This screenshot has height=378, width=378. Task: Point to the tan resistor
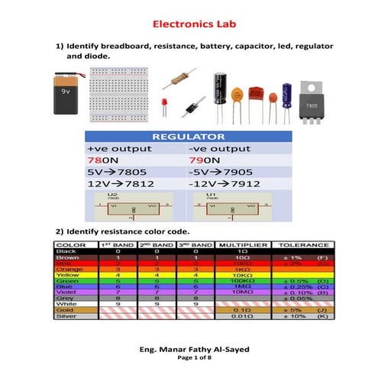(182, 77)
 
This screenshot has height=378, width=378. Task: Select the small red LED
(164, 102)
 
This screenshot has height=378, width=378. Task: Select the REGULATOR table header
(189, 137)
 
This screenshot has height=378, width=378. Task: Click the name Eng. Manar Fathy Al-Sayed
(189, 349)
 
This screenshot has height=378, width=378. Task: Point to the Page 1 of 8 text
(189, 357)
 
